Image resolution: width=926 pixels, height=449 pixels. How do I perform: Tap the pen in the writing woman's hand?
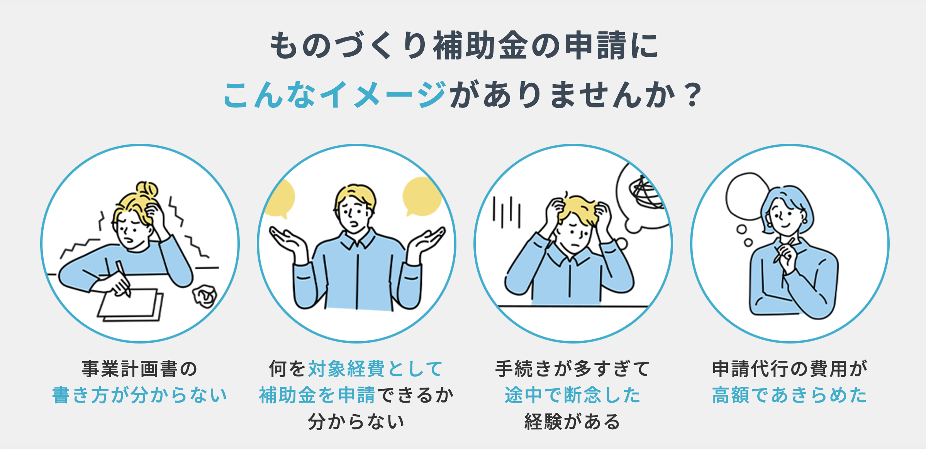[x=123, y=279]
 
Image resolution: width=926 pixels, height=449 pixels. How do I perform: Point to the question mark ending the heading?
[x=692, y=95]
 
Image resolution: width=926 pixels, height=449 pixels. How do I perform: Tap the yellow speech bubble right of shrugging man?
[x=422, y=196]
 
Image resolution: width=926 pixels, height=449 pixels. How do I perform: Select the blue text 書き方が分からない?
[x=139, y=395]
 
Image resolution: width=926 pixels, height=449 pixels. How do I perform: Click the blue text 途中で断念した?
[x=573, y=395]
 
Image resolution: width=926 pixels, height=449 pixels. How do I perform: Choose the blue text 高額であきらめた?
[x=790, y=395]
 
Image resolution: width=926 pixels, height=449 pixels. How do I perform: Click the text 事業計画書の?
[x=139, y=369]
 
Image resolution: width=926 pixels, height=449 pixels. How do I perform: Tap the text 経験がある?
[x=573, y=421]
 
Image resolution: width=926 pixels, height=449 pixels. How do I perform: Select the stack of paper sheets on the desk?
[x=131, y=305]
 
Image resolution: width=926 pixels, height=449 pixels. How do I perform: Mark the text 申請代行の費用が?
[x=790, y=369]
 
